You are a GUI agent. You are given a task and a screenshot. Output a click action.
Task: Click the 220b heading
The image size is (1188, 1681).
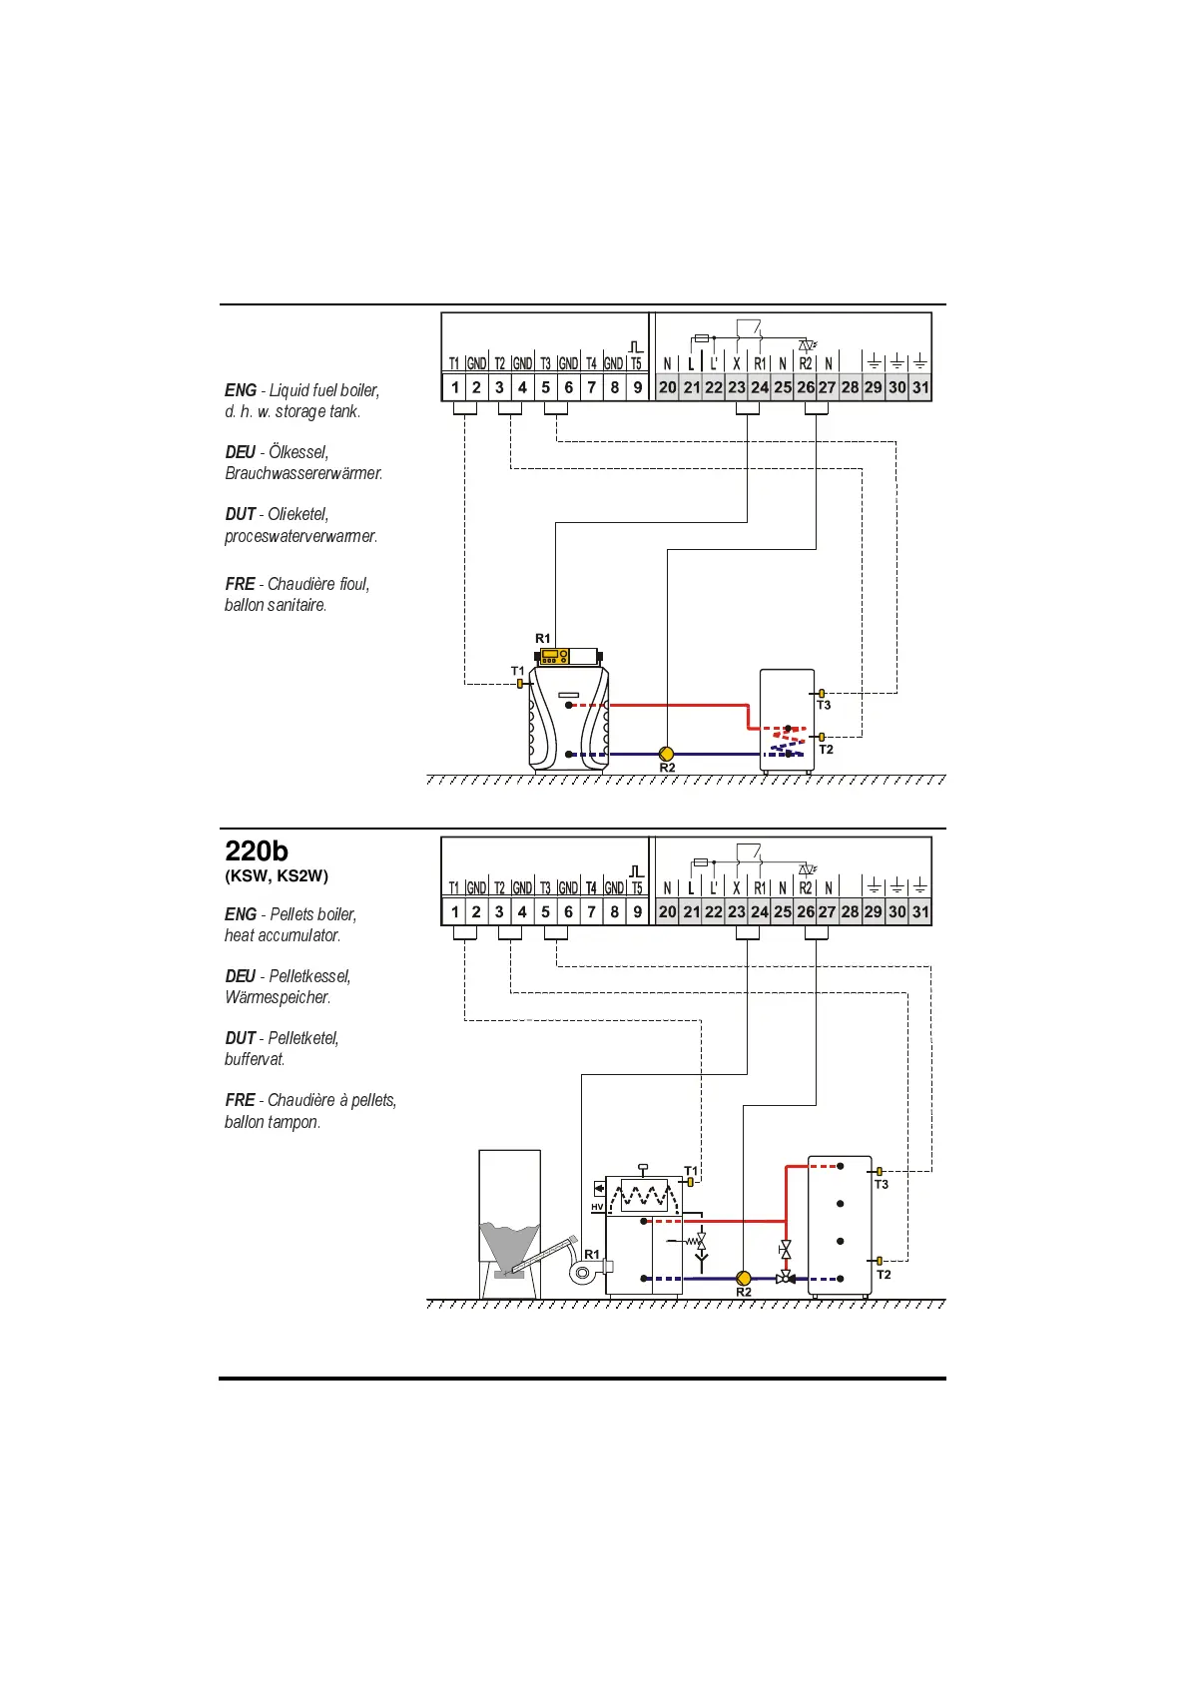pos(257,851)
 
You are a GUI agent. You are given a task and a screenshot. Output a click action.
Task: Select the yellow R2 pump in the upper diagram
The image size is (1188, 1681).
pos(667,754)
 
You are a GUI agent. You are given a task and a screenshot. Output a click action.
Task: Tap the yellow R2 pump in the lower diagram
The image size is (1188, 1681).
pos(744,1278)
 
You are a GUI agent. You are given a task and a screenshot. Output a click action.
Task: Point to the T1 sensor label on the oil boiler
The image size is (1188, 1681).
pos(517,671)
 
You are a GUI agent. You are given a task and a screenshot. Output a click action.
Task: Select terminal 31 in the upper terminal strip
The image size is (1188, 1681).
pos(920,387)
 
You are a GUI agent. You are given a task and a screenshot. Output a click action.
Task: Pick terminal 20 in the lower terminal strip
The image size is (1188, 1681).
pos(667,911)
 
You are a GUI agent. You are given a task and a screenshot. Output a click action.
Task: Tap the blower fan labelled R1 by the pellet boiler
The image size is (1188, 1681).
pos(584,1273)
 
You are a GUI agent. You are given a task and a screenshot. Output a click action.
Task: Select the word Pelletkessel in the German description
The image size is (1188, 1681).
pos(309,976)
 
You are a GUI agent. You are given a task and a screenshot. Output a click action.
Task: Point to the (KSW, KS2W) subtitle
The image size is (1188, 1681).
pos(277,876)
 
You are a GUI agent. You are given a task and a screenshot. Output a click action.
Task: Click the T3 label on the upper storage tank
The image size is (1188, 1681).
pos(824,705)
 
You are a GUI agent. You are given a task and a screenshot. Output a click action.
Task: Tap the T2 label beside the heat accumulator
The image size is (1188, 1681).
pos(884,1275)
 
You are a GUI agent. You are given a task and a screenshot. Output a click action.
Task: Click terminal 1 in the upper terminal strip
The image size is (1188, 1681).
pos(455,387)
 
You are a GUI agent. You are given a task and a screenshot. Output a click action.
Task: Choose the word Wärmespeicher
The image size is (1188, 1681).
pos(278,997)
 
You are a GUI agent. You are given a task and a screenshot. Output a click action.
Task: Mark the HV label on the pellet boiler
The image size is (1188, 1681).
pos(597,1207)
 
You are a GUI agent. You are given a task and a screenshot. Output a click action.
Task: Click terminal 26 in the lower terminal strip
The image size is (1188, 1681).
pos(806,911)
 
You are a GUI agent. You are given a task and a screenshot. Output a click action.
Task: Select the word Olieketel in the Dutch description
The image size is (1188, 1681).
pos(297,514)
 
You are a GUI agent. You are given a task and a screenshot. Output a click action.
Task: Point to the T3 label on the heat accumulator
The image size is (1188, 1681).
pos(881,1184)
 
